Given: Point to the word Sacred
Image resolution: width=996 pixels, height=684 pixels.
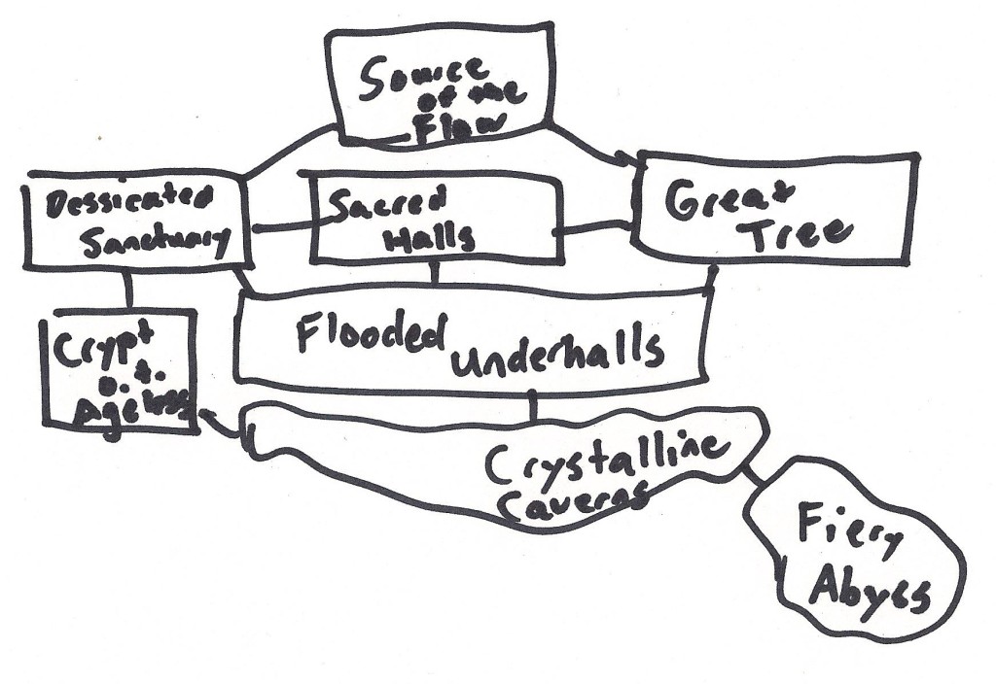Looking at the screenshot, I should tap(388, 203).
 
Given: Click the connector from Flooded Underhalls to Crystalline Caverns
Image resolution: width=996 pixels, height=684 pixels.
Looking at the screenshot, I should tap(534, 405).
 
